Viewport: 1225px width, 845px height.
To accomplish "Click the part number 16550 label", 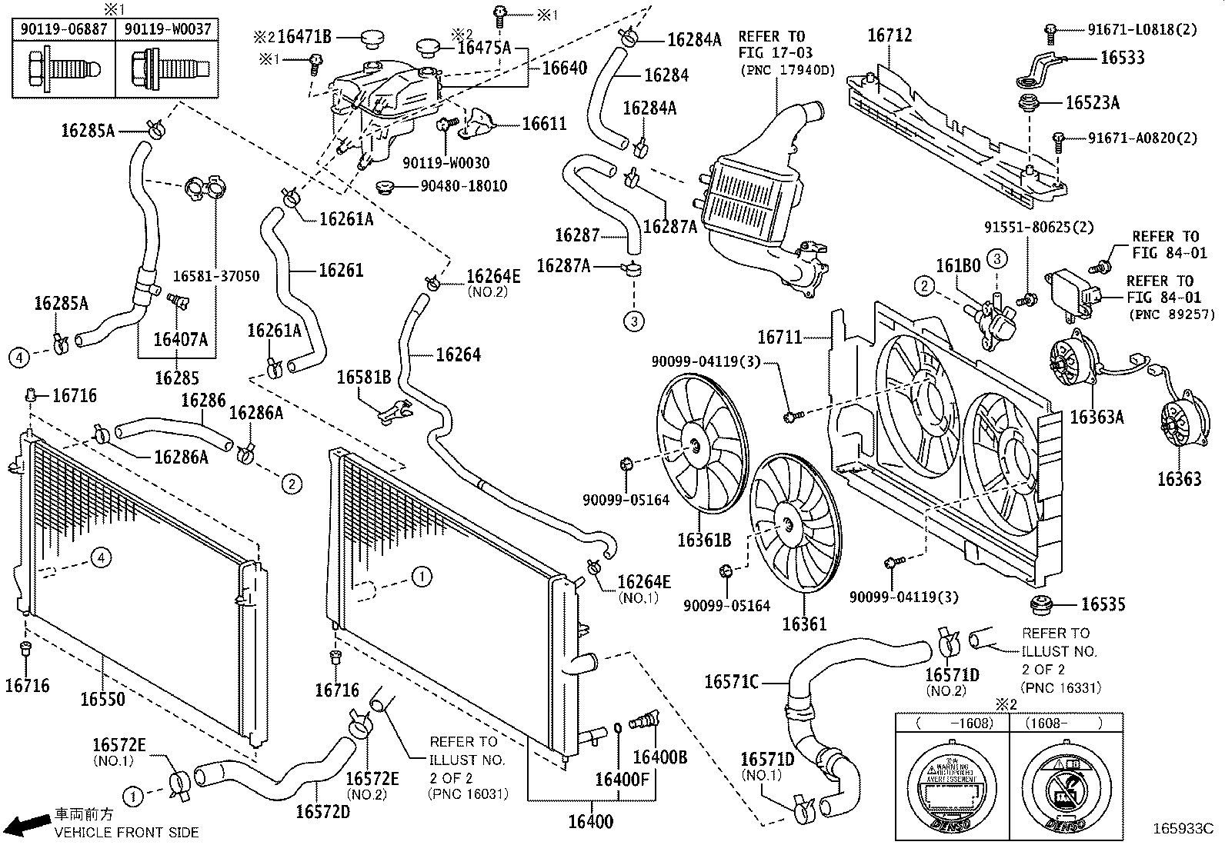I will coord(102,699).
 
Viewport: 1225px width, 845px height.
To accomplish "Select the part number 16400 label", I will coord(590,822).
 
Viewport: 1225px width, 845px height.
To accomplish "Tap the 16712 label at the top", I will coord(890,35).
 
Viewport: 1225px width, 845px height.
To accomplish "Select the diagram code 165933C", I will coord(1182,829).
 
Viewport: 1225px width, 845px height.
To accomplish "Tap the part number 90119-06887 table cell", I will coord(64,30).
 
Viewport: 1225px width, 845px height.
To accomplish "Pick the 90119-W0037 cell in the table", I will coord(166,30).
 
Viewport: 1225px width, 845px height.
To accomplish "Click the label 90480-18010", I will coord(463,186).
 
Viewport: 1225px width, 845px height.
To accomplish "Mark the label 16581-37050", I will coord(215,275).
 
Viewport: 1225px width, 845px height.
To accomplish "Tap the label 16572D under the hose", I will coord(322,811).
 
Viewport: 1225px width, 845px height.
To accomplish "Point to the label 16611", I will coord(543,124).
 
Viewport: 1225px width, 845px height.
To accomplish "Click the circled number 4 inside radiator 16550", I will coord(102,557).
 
